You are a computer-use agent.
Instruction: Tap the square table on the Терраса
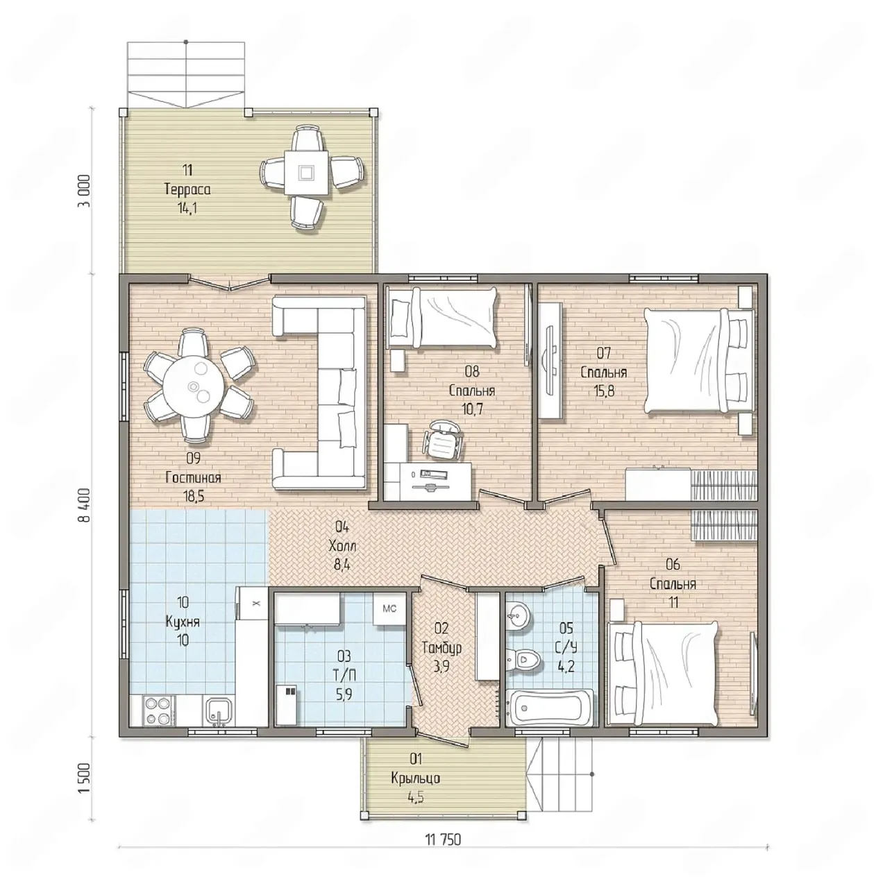pyautogui.click(x=306, y=173)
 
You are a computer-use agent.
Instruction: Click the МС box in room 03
pyautogui.click(x=389, y=608)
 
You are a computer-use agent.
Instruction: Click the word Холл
pyautogui.click(x=342, y=547)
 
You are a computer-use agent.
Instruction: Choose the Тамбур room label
pyautogui.click(x=442, y=649)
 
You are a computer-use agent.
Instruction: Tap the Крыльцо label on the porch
pyautogui.click(x=415, y=778)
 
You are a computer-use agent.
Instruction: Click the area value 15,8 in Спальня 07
pyautogui.click(x=604, y=391)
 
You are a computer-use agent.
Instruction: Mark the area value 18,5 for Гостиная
pyautogui.click(x=194, y=497)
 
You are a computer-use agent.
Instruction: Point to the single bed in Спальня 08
pyautogui.click(x=442, y=317)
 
